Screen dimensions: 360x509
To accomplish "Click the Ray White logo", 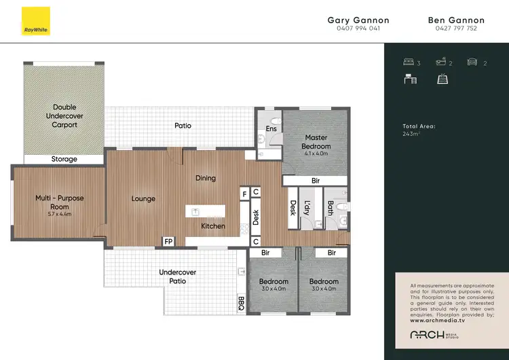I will (x=31, y=20).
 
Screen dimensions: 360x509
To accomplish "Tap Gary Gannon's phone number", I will (x=358, y=29).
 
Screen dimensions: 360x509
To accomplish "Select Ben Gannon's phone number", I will (x=456, y=29).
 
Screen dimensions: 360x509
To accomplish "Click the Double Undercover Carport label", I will (x=64, y=116).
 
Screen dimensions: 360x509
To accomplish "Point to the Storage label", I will (x=64, y=159).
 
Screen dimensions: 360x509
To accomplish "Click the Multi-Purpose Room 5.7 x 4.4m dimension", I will (x=60, y=214).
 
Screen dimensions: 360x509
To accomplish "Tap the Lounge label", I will (x=143, y=199).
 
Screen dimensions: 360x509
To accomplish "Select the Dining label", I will (x=206, y=179).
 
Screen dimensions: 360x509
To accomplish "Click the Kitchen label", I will (x=212, y=226).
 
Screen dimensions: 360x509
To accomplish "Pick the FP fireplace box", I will (x=167, y=241).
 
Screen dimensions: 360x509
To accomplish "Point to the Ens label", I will (x=271, y=128).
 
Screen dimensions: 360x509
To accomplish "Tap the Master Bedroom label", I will (x=316, y=142).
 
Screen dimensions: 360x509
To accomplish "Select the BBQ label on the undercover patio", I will (x=241, y=303).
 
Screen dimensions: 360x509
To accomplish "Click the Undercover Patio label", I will (x=178, y=276).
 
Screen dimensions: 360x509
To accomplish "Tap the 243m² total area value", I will (x=411, y=134).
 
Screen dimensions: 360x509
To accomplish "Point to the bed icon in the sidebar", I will (x=409, y=63).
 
